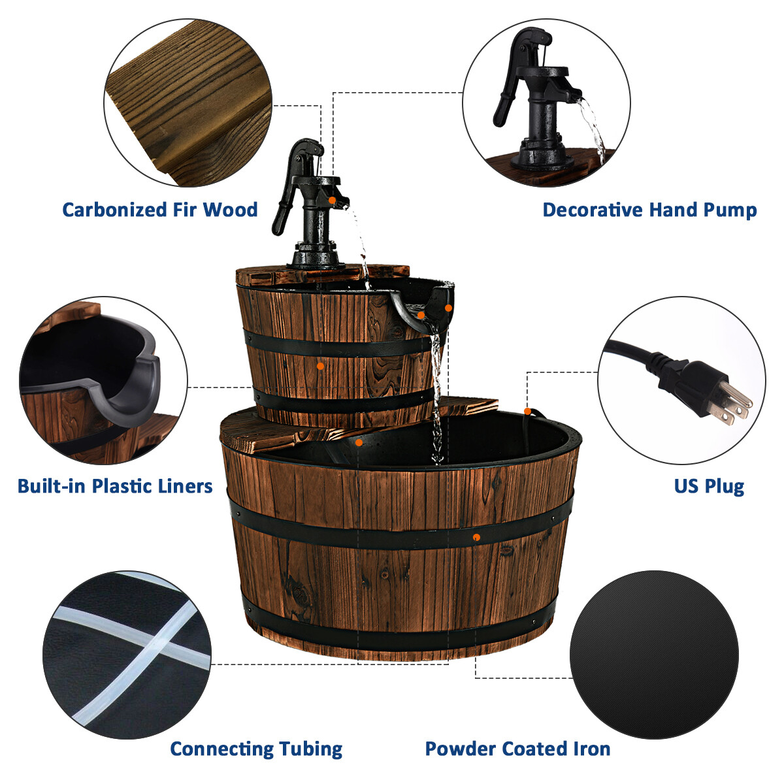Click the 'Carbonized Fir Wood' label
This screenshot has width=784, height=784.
tap(160, 210)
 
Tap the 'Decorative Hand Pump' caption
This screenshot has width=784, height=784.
tap(649, 210)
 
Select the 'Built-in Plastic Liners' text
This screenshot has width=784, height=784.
tap(115, 486)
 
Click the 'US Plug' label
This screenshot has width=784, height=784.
tap(709, 486)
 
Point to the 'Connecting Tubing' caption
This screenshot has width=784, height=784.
tap(256, 749)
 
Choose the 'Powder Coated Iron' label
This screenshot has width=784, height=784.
tap(517, 749)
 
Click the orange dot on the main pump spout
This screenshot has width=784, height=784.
tap(333, 200)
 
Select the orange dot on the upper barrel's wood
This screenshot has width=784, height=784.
tap(320, 366)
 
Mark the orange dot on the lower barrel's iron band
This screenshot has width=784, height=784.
tap(476, 537)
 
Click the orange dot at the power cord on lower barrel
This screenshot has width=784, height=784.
tap(527, 411)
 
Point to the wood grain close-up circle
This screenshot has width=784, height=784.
tap(188, 101)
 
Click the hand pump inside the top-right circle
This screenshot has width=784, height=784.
tap(536, 98)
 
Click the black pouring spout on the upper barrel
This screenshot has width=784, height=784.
tap(418, 310)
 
